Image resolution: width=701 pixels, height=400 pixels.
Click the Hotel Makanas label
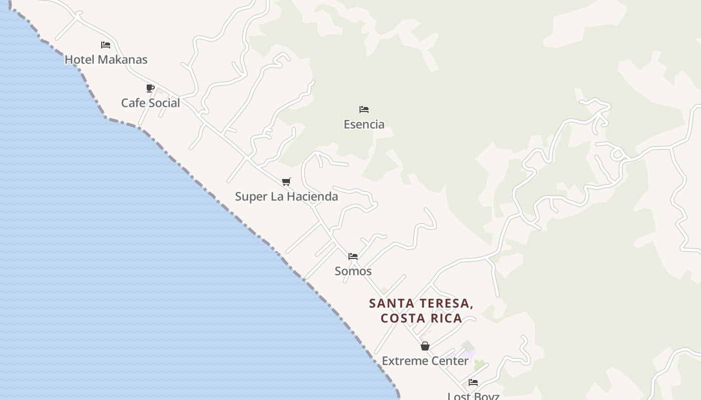tap(106, 59)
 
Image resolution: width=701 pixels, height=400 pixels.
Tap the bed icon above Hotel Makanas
tap(105, 45)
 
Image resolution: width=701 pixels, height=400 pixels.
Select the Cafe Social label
tap(150, 103)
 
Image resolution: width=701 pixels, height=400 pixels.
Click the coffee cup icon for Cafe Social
tap(150, 88)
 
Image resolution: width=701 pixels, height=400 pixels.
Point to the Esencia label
tap(364, 124)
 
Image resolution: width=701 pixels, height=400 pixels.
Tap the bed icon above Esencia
tap(364, 109)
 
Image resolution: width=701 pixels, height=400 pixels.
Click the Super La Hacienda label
tap(286, 196)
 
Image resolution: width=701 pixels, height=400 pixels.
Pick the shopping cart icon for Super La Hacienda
tap(286, 181)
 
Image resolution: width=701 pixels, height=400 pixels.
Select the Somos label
tap(353, 271)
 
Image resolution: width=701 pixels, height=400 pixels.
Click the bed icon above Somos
tap(353, 256)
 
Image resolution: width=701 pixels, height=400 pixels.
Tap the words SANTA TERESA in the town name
tap(421, 303)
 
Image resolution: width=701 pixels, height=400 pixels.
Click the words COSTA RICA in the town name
tap(421, 318)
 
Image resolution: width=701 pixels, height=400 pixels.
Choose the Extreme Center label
tap(425, 360)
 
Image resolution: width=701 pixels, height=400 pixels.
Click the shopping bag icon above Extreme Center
tap(425, 346)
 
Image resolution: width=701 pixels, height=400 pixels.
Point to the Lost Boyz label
tap(473, 396)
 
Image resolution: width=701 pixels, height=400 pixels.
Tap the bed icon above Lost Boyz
tap(473, 382)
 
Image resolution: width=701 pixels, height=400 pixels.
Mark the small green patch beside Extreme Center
tap(480, 364)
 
